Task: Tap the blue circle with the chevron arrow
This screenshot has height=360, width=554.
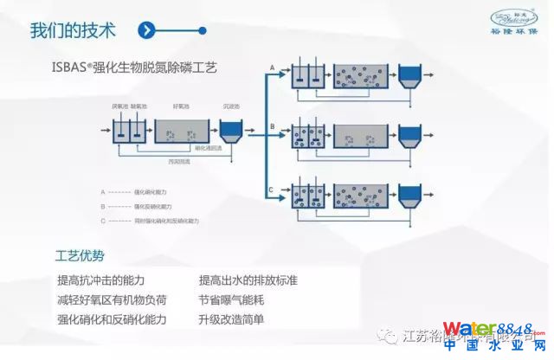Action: [150, 30]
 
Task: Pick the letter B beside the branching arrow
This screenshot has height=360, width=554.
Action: [272, 126]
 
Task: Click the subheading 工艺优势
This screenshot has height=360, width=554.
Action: [80, 256]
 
